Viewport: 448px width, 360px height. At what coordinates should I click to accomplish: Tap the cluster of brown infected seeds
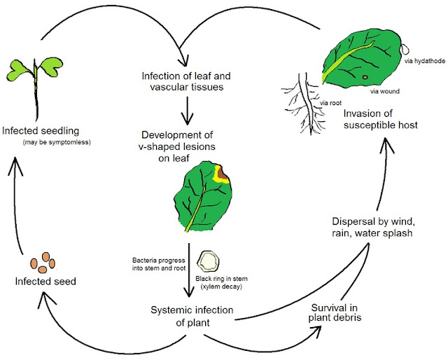pos(43,263)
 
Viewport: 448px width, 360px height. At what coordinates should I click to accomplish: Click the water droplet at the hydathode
pos(407,47)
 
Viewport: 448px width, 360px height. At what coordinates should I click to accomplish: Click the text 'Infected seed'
pos(45,282)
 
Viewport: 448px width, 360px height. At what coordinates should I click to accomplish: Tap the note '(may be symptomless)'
pos(51,142)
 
